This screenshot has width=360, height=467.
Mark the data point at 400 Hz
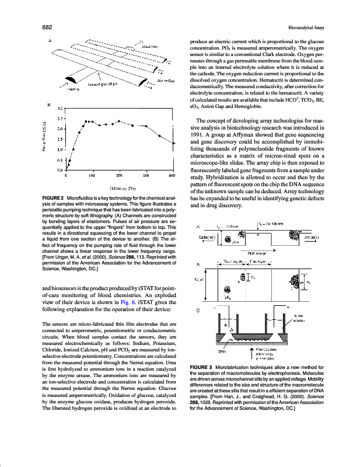(174, 142)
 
